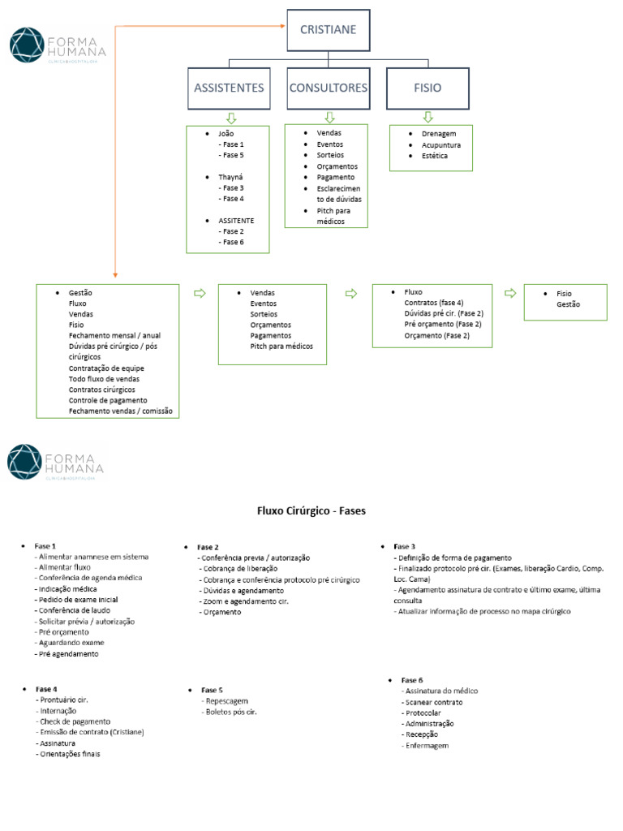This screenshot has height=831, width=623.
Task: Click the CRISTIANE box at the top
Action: (328, 30)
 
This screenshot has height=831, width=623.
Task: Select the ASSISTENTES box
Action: (229, 88)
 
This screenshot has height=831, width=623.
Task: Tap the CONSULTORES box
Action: (328, 88)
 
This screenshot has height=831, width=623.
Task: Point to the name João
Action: (226, 133)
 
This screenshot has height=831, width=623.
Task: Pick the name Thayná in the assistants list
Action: (230, 176)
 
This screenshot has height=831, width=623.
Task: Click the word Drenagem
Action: (439, 134)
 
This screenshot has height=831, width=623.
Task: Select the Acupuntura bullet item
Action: (441, 145)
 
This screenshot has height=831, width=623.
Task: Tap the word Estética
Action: (434, 156)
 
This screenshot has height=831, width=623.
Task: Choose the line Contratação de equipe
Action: (106, 368)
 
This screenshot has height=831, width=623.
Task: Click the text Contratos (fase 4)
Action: (434, 303)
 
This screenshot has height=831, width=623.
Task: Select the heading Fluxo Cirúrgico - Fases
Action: (311, 511)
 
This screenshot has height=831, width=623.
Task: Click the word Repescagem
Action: (227, 700)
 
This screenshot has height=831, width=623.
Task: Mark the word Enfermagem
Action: (427, 745)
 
